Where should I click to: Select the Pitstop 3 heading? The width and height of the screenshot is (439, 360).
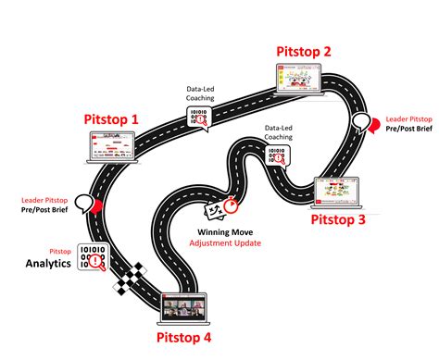point(338,219)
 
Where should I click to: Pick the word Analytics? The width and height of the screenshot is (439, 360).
point(49,265)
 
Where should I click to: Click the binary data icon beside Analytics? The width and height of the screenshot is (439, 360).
point(92,258)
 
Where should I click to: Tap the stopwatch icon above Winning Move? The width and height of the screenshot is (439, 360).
point(229,208)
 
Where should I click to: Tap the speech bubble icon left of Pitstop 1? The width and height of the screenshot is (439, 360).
point(84,202)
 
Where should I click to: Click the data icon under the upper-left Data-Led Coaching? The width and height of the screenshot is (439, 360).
point(198,118)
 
